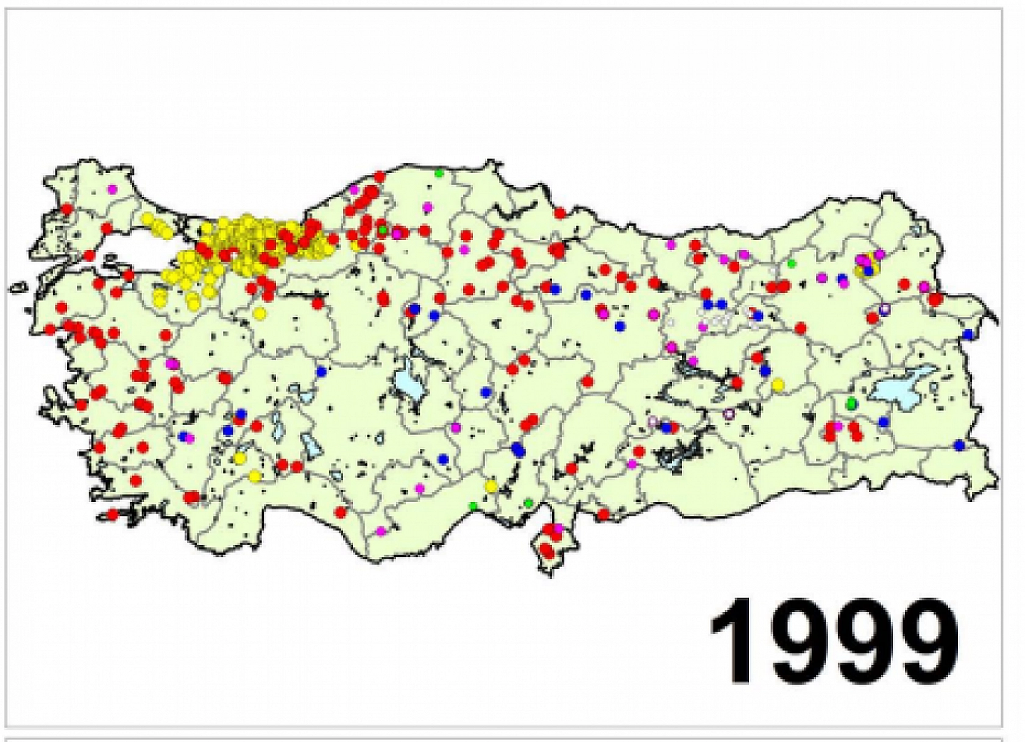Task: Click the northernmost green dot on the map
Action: click(x=438, y=173)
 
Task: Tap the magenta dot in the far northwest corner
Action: click(x=112, y=189)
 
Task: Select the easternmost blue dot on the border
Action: click(x=968, y=334)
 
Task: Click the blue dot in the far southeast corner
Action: click(x=960, y=445)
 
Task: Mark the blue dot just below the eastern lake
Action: click(x=884, y=422)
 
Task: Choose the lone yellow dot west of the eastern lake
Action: click(x=778, y=384)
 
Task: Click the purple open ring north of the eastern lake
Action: click(x=885, y=309)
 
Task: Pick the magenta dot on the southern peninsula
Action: click(x=558, y=528)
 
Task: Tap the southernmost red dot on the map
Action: click(x=547, y=553)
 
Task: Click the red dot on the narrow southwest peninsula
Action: click(x=112, y=515)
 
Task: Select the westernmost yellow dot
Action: click(x=147, y=219)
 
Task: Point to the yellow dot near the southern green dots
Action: click(x=491, y=486)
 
